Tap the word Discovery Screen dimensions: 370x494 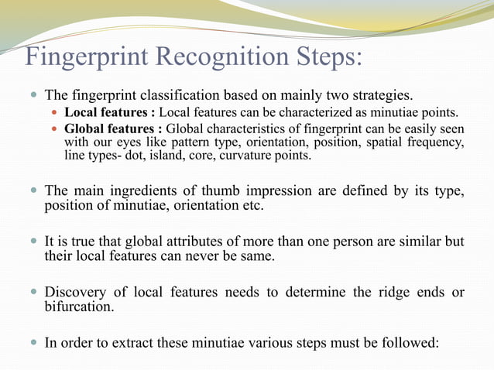coord(76,293)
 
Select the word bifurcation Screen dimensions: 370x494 coord(83,308)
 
